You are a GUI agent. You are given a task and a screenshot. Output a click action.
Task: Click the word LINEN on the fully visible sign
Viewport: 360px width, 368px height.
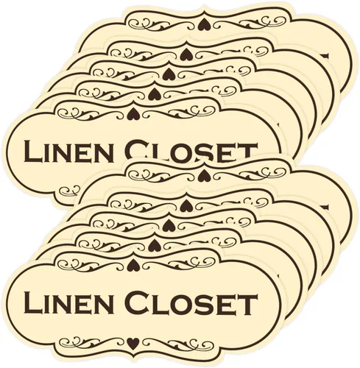[x=66, y=302]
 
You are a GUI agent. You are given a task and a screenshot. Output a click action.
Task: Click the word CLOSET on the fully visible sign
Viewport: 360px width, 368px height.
[x=192, y=302]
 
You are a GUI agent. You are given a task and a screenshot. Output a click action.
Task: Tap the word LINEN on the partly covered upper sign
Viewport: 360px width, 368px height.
[x=66, y=152]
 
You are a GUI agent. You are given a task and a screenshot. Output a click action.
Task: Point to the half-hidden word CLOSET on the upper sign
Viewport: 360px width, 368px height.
[x=192, y=150]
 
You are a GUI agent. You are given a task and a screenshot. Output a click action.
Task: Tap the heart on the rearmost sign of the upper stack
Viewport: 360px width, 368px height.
[x=204, y=24]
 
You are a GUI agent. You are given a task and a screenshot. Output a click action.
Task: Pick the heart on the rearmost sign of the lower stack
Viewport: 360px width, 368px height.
[x=202, y=174]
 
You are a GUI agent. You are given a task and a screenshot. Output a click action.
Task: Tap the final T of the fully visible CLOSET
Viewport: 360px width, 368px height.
[x=246, y=304]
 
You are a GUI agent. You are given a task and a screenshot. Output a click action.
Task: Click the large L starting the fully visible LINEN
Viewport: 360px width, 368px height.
[x=33, y=302]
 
